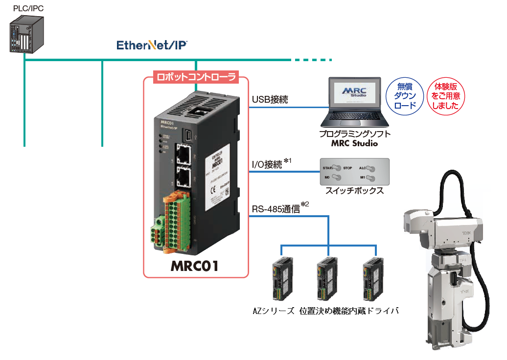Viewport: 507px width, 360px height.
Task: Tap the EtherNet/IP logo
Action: (x=152, y=45)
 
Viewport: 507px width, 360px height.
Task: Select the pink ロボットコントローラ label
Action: (x=196, y=77)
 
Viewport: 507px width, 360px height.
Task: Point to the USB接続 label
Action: (x=270, y=100)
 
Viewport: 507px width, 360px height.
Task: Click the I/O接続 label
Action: (x=267, y=165)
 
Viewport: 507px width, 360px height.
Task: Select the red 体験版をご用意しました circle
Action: (x=445, y=96)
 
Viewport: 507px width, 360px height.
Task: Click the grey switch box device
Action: (x=354, y=172)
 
